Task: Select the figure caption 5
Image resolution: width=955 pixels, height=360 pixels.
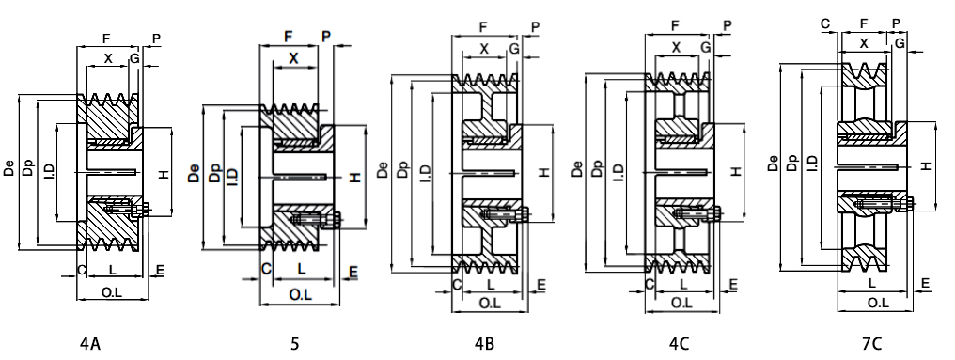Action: [x=295, y=344]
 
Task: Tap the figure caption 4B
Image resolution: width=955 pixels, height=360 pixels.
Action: [x=484, y=344]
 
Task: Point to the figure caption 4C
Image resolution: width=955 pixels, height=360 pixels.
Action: [x=679, y=344]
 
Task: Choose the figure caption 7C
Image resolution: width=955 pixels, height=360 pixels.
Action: [x=871, y=344]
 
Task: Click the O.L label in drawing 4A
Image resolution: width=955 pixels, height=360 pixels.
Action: [x=112, y=293]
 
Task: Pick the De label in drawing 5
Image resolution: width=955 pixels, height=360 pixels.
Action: [x=194, y=174]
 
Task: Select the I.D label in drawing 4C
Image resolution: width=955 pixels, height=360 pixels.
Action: [x=618, y=172]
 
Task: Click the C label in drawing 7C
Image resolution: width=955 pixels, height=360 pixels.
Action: [x=825, y=23]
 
